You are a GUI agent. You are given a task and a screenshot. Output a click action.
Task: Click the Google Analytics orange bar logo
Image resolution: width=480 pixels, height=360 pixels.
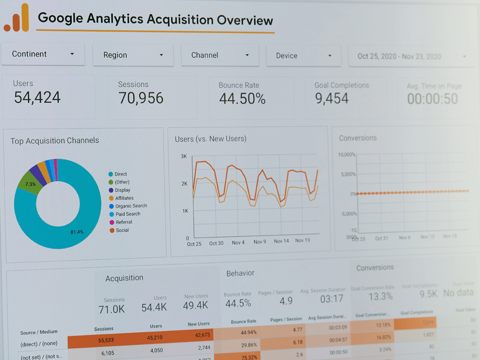[x=16, y=18]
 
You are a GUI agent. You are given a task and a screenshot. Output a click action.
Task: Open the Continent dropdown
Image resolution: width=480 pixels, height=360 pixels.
[x=43, y=54]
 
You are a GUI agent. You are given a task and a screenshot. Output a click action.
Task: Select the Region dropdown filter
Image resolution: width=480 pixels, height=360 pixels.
[x=133, y=55]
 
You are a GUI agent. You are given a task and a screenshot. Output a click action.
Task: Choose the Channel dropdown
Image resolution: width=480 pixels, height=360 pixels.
[x=220, y=55]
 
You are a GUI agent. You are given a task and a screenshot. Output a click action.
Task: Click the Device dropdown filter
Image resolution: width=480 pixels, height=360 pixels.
[x=304, y=56]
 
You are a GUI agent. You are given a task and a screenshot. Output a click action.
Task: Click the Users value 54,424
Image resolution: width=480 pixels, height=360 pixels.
[x=37, y=98]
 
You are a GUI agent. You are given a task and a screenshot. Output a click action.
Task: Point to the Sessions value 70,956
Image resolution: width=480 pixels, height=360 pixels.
[x=141, y=98]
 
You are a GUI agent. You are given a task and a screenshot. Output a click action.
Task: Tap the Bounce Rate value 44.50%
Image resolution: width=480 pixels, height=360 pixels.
[x=242, y=98]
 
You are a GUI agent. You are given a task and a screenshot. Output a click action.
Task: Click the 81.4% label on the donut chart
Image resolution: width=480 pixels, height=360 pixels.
[x=77, y=232]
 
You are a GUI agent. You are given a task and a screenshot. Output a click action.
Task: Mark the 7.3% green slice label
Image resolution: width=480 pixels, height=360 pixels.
[x=30, y=184]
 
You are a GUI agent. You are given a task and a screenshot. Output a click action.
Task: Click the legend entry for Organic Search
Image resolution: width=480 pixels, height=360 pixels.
[x=131, y=206]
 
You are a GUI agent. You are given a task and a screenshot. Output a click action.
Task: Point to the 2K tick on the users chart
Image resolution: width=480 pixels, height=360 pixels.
[x=184, y=184]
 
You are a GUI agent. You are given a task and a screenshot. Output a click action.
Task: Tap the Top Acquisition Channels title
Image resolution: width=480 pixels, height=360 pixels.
[x=54, y=141]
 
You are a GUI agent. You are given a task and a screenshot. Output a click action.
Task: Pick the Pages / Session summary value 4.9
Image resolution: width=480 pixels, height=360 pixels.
[x=286, y=301]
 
